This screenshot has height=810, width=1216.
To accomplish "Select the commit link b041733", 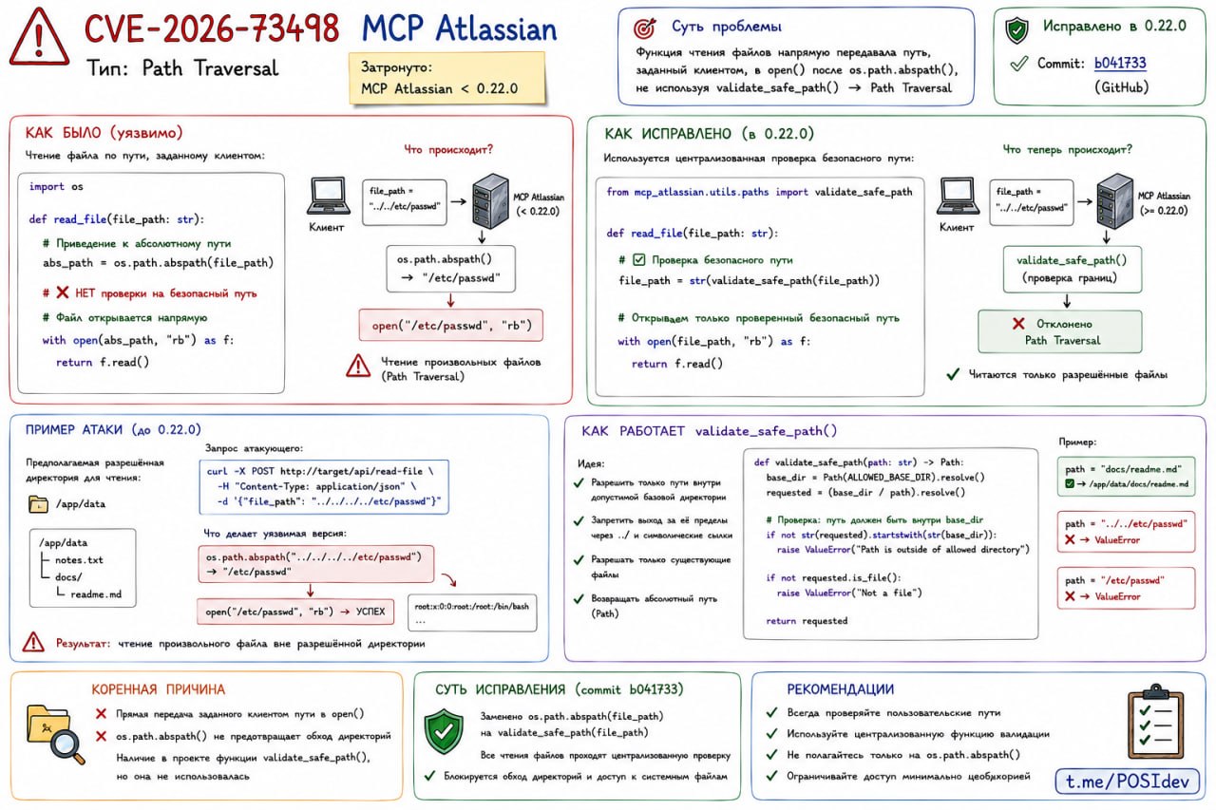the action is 1120,63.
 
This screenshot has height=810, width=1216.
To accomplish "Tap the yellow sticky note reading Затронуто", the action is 446,78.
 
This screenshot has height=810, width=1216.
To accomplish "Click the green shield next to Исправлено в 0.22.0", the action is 1016,29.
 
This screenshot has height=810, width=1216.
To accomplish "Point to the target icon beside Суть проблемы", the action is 644,28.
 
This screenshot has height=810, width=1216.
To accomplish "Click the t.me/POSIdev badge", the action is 1127,782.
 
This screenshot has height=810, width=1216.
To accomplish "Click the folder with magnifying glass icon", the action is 55,733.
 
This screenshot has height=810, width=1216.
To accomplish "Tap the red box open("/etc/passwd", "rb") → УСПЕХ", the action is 295,612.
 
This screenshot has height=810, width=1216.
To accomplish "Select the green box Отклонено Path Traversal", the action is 1059,331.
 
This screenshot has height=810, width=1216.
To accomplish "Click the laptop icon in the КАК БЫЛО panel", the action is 328,196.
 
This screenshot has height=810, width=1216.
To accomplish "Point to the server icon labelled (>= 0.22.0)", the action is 1114,201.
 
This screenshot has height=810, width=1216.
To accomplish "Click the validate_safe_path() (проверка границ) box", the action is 1073,269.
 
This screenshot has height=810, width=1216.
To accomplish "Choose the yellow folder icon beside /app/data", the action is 38,504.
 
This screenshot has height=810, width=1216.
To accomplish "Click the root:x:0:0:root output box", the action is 472,613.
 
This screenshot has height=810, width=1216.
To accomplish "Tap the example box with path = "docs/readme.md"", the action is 1126,477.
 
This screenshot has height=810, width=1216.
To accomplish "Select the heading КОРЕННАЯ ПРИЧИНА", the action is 158,689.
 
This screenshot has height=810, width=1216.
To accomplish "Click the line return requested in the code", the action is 807,621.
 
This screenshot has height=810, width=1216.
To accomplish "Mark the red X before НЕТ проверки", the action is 63,293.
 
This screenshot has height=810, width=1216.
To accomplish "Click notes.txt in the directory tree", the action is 79,560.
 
